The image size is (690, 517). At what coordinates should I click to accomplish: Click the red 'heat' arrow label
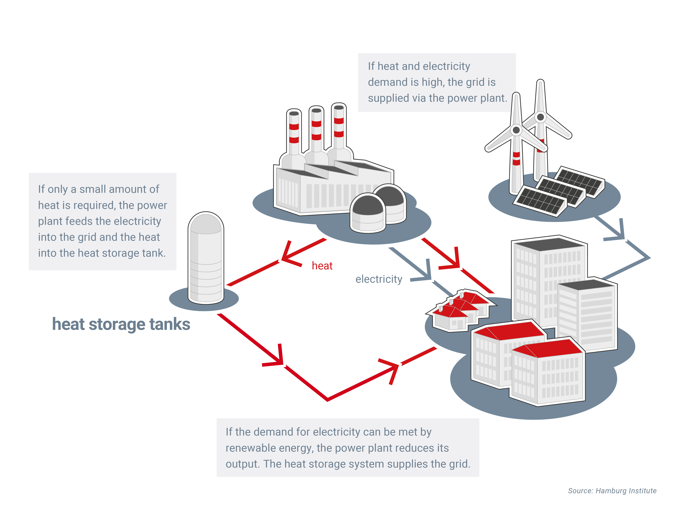pos(322,266)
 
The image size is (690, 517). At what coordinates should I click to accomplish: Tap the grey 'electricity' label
pos(379,279)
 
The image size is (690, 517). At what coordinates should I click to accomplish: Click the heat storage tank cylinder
pos(206,259)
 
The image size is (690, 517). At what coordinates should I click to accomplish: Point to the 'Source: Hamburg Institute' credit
pos(612,491)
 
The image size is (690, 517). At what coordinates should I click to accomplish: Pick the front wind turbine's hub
pos(516,130)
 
